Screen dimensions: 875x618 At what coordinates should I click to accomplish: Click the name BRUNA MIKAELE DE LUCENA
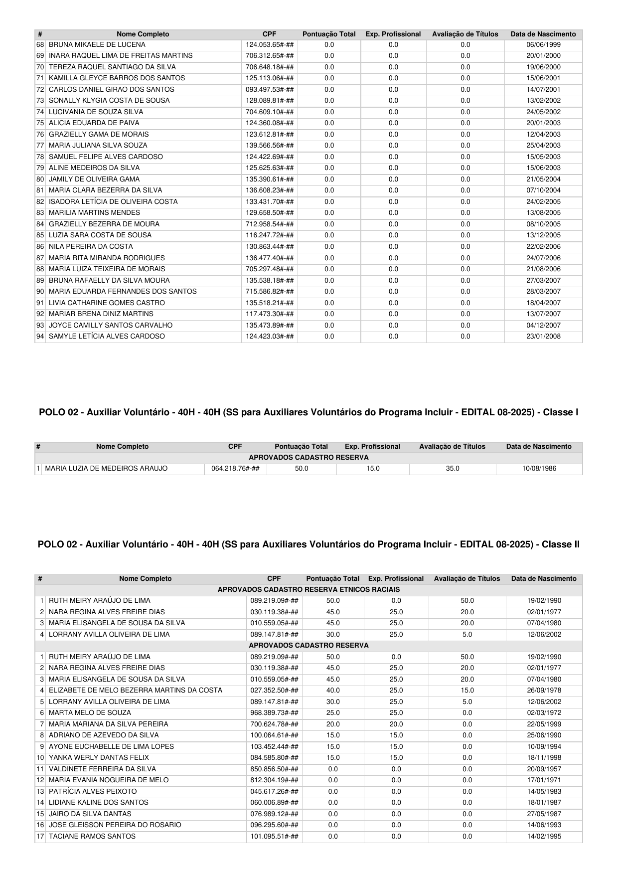tap(97, 44)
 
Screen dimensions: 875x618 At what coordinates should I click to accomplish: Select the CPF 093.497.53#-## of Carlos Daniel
tap(270, 89)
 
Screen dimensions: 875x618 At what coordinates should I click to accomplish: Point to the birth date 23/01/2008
tap(543, 336)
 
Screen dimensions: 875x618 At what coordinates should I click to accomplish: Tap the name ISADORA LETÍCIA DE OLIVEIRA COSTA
tap(113, 201)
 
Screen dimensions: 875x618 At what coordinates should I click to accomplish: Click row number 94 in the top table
tap(40, 336)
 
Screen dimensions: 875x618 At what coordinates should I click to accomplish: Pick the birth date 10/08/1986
tap(539, 469)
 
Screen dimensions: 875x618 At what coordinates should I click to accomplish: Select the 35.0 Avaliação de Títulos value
tap(453, 469)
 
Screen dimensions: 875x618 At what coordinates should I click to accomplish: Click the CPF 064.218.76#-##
tap(235, 469)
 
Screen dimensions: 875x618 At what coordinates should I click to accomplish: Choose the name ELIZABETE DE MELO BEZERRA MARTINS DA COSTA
tap(136, 691)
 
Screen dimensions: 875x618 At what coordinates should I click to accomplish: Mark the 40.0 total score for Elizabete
tap(332, 691)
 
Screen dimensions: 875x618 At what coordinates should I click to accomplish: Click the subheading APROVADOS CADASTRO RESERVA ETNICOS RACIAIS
tap(309, 589)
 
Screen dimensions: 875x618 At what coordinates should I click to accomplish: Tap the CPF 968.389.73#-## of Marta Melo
tap(274, 713)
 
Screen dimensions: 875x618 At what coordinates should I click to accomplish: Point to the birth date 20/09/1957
tap(544, 769)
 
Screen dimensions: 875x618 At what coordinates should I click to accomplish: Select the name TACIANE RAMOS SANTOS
tap(92, 836)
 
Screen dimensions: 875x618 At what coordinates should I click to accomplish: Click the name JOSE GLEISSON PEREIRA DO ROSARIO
tap(115, 825)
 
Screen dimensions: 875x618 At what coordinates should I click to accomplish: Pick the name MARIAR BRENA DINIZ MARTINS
tap(101, 314)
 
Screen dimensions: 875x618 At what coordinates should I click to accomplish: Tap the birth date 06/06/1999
tap(543, 44)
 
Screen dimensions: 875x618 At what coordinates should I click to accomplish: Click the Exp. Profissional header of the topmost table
tap(393, 34)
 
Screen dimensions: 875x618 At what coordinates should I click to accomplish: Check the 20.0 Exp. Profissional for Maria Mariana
tap(396, 724)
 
